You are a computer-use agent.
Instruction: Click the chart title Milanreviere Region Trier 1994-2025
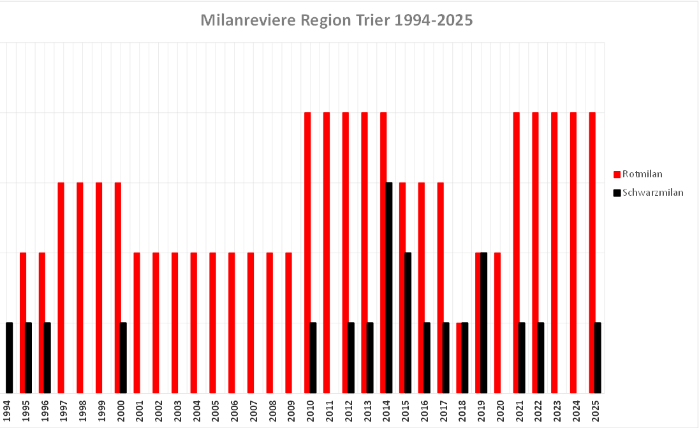336,20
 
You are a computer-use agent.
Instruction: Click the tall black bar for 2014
389,287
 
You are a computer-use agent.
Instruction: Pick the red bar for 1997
61,287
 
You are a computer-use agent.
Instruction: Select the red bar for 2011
327,252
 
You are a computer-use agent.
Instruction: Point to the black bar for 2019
483,322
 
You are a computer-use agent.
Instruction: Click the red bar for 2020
497,322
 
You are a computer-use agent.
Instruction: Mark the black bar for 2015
408,322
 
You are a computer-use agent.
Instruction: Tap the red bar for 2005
213,322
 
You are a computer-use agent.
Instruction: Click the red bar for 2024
573,252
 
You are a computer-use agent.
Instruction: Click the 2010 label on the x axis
309,408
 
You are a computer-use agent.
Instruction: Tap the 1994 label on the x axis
6,408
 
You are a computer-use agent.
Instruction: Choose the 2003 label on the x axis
176,408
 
